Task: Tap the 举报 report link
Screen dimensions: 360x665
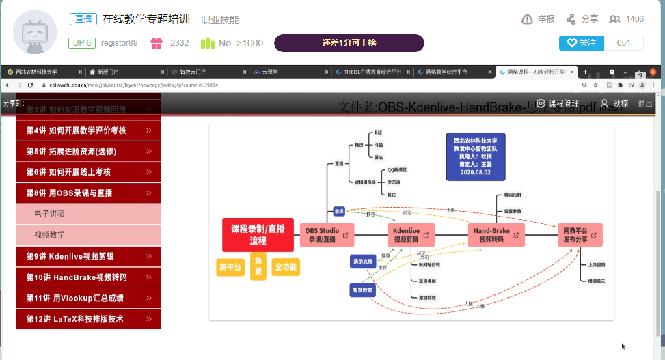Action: [538, 19]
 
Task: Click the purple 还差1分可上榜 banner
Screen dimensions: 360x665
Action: [349, 43]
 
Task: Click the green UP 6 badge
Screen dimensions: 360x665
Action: [81, 43]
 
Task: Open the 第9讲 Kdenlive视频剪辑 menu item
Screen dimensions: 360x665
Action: [88, 257]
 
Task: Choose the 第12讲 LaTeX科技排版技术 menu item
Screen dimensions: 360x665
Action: [88, 318]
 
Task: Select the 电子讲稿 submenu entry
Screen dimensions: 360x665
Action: [88, 214]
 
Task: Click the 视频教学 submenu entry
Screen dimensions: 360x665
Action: [88, 234]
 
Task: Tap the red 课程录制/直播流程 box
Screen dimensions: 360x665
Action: [258, 235]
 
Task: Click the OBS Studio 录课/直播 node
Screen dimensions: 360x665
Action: [327, 235]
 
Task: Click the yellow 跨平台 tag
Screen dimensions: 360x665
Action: [230, 267]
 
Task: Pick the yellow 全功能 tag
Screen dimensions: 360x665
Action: [285, 267]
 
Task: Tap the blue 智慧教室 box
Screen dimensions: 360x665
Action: [362, 290]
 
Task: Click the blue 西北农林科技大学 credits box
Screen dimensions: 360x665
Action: [475, 156]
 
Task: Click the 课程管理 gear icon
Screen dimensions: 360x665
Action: [541, 103]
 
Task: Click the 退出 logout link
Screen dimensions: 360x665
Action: [644, 103]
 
